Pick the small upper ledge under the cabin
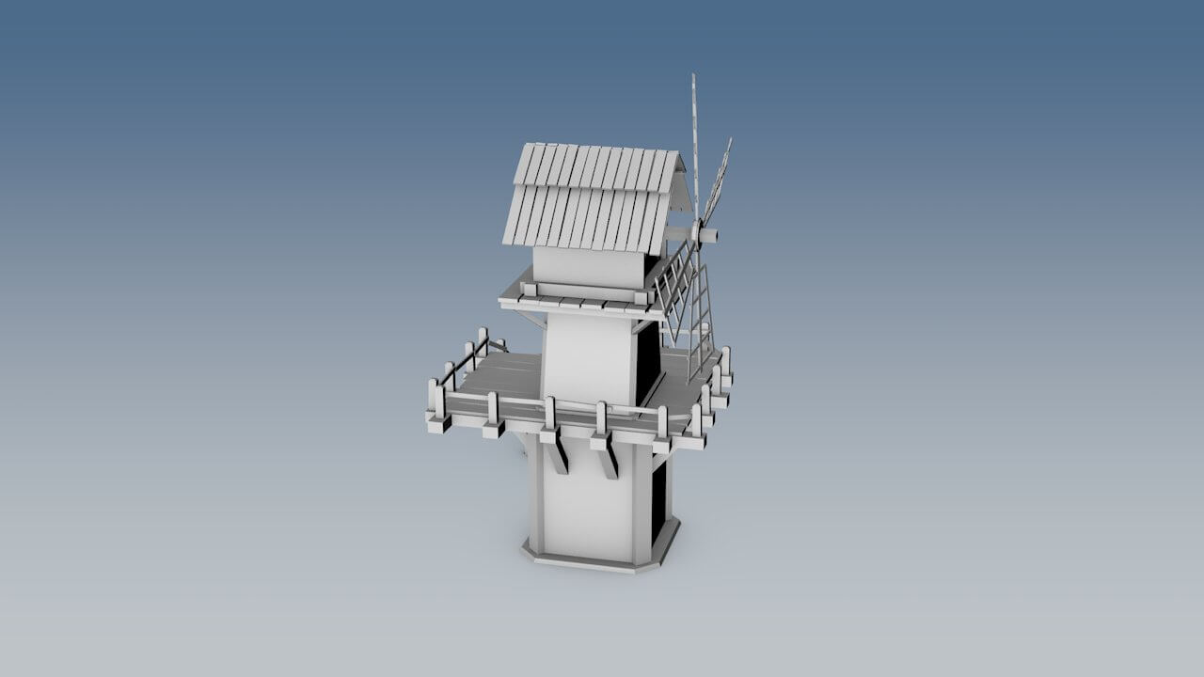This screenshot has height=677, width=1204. pyautogui.click(x=574, y=303)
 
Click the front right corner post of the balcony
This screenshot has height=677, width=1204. pyautogui.click(x=662, y=425)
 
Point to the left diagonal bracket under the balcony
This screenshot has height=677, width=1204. pyautogui.click(x=557, y=454)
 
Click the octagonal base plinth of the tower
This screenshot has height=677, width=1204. pyautogui.click(x=593, y=559)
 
